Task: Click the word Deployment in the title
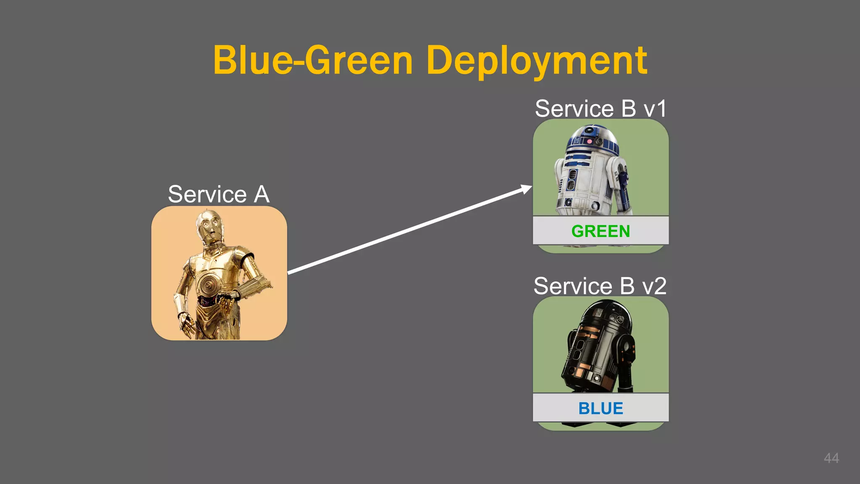(536, 61)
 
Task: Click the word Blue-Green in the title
(313, 61)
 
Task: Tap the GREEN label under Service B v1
(600, 231)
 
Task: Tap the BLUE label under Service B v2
(600, 408)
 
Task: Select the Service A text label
(218, 195)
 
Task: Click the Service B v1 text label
(600, 109)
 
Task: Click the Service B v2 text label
(600, 287)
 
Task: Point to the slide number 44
(831, 458)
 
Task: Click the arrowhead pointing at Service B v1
(527, 189)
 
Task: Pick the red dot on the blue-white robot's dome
(590, 142)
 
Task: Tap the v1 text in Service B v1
(655, 109)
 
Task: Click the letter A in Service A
(261, 195)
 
